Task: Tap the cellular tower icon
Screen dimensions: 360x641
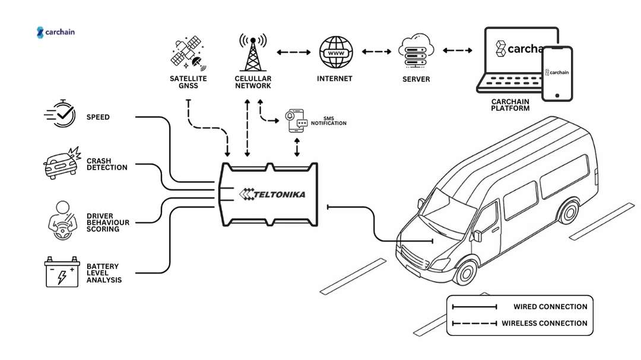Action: click(252, 52)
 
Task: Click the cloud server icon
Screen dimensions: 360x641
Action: click(415, 52)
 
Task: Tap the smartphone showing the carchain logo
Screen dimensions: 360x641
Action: click(558, 74)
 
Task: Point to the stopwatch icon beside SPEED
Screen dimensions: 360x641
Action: click(61, 114)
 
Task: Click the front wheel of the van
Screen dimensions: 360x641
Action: click(467, 272)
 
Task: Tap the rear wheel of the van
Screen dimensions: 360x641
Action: click(569, 210)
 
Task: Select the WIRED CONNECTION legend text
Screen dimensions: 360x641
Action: click(550, 307)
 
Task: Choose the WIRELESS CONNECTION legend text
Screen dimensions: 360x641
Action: click(544, 323)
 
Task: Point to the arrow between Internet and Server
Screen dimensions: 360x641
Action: click(376, 52)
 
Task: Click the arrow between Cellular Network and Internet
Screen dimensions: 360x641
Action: click(293, 52)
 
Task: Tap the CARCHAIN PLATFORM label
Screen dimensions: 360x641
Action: click(510, 105)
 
